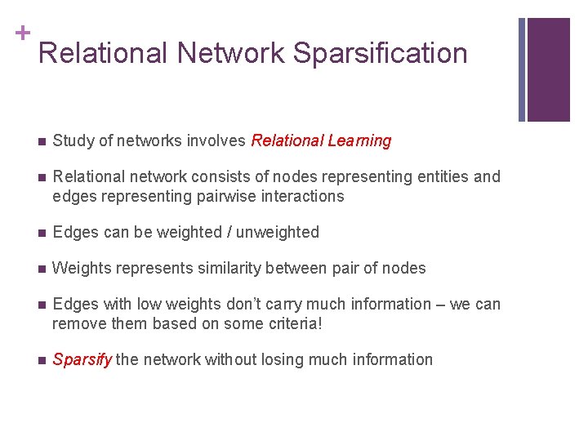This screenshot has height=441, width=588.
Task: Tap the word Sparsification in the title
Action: tap(380, 53)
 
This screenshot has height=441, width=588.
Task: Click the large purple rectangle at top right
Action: tap(548, 69)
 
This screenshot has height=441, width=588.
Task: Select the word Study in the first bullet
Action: tap(73, 141)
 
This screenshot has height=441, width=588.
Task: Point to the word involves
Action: tap(216, 141)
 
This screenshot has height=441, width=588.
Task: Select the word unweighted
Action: tap(277, 233)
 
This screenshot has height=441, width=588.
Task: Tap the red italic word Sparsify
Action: tap(82, 360)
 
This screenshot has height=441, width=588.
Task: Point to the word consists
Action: tap(216, 177)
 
